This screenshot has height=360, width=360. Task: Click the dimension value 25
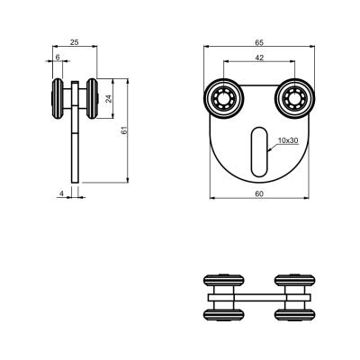pos(74,42)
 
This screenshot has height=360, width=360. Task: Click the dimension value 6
pos(58,57)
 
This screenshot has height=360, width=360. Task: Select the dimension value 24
pos(109,99)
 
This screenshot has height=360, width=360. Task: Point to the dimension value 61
pos(124,130)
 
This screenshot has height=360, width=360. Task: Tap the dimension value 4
pos(61,193)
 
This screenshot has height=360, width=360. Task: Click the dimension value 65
pos(259,42)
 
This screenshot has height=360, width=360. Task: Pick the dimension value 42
pos(259,58)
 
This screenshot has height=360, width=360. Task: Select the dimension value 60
pos(259,194)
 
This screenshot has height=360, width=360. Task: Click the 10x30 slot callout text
pos(288,140)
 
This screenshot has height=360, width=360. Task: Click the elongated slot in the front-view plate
pos(259,152)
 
